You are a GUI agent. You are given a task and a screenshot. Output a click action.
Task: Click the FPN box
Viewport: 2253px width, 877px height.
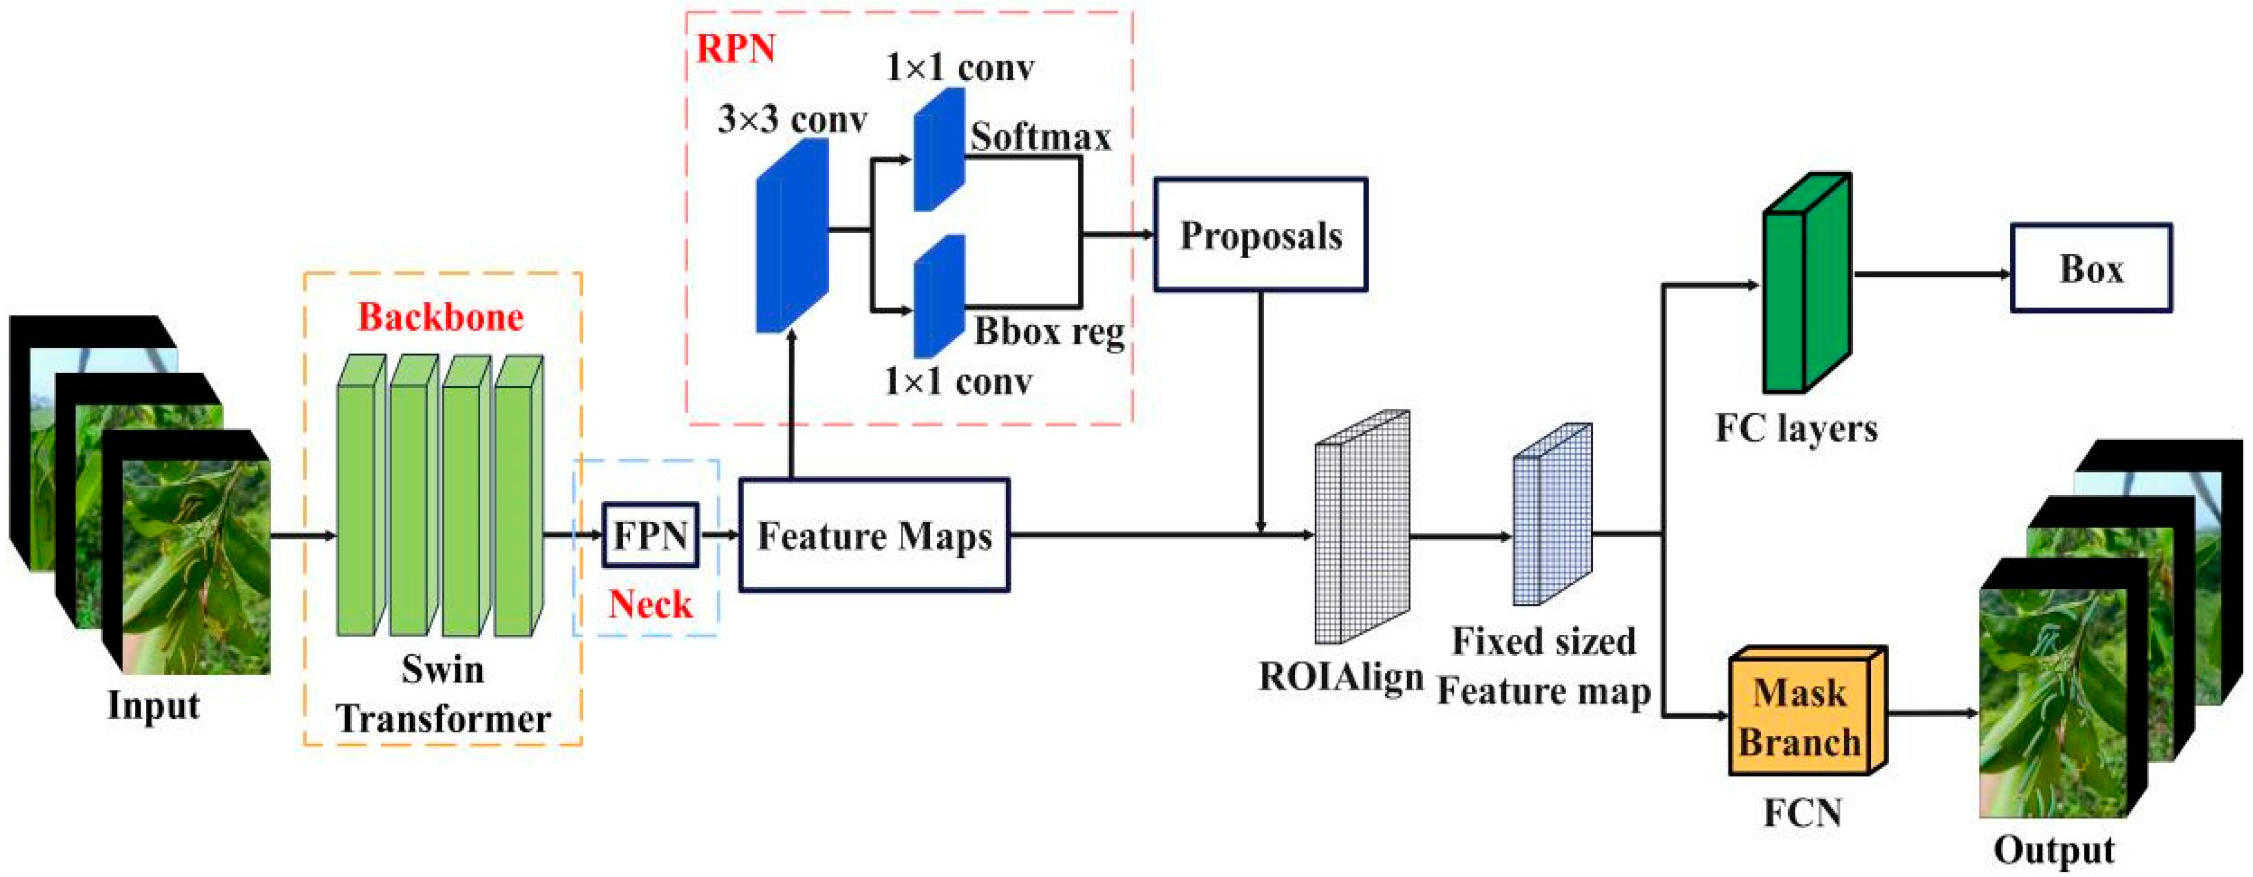(x=651, y=534)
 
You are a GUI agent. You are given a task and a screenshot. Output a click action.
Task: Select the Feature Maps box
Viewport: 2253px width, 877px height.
(x=875, y=535)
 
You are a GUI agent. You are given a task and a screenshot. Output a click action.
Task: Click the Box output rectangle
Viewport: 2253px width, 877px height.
(x=2091, y=268)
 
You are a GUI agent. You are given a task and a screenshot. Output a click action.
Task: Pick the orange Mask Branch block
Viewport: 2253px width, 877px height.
(x=1807, y=711)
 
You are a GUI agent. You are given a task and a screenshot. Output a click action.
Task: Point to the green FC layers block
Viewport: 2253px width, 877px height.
(x=1806, y=281)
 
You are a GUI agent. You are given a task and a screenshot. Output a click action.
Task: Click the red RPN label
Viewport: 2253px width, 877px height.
(x=736, y=49)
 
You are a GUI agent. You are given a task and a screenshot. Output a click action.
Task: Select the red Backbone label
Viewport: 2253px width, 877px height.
(x=441, y=317)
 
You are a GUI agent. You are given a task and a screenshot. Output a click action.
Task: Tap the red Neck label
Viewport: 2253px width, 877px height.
(x=651, y=604)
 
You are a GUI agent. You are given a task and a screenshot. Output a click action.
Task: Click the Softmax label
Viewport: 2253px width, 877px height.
(x=1040, y=136)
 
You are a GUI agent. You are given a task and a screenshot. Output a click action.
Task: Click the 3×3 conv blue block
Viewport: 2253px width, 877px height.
(x=791, y=235)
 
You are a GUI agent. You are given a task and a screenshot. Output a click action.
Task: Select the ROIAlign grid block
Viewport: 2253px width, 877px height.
(x=1362, y=526)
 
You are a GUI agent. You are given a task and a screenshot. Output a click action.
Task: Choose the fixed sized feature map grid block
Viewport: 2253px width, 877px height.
(x=1553, y=514)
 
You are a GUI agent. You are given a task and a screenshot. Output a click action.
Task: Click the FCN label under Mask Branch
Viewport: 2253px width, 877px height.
(x=1803, y=813)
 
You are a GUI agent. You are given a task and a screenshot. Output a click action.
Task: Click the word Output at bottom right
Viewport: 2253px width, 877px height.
(x=2054, y=851)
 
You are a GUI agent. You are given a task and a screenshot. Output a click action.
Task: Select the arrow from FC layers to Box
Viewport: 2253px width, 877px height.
(x=1931, y=273)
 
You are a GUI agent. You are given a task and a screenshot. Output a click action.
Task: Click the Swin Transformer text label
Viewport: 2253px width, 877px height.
(x=443, y=694)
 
